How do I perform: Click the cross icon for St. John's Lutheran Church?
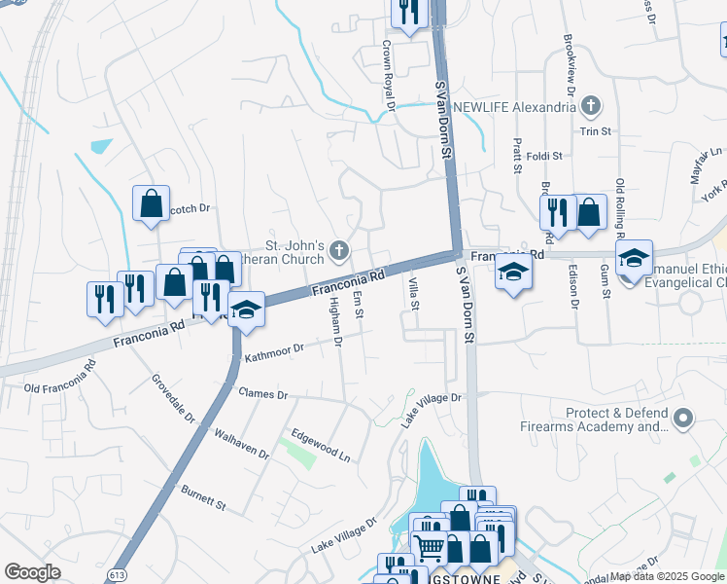tap(339, 252)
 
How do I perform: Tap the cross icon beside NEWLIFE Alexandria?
tap(595, 104)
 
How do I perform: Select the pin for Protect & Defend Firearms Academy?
tap(683, 420)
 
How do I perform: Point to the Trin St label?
tap(594, 131)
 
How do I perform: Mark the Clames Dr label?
tap(262, 394)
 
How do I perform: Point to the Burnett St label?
tap(203, 501)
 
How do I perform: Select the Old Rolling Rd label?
tap(620, 203)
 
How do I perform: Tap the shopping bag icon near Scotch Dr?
tap(151, 204)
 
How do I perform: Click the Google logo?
tap(32, 572)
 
